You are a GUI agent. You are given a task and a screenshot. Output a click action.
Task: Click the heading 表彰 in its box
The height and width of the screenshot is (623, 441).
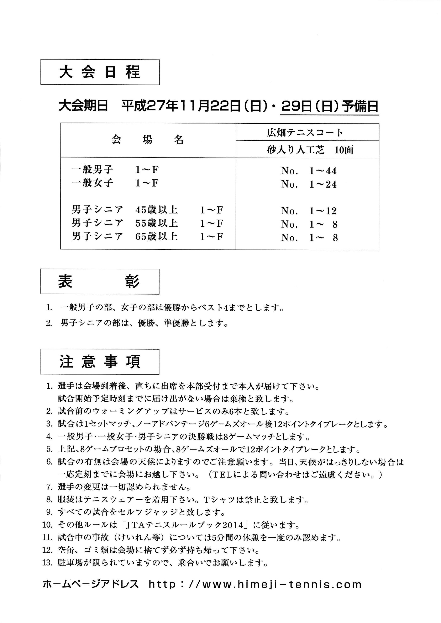click(x=99, y=281)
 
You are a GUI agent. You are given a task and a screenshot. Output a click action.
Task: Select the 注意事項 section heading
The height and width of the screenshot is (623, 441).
click(x=100, y=362)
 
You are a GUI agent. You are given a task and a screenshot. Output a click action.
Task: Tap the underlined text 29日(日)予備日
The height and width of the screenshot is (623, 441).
click(x=330, y=106)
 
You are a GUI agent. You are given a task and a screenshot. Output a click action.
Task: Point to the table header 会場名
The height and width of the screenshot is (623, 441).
click(x=148, y=140)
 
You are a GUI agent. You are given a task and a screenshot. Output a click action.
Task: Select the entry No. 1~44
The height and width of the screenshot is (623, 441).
click(x=309, y=171)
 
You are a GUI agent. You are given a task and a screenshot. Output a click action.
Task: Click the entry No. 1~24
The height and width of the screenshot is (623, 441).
click(x=309, y=184)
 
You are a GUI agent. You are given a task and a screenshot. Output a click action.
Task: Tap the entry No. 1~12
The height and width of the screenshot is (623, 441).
click(x=309, y=211)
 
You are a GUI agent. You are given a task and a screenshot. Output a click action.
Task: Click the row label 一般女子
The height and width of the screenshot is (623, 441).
click(x=93, y=183)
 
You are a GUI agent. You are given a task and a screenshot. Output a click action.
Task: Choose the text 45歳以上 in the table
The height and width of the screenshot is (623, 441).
click(x=157, y=210)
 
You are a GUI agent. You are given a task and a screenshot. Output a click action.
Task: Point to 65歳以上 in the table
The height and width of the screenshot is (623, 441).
click(x=157, y=237)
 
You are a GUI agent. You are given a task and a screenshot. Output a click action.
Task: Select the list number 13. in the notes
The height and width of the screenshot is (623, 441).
click(x=47, y=563)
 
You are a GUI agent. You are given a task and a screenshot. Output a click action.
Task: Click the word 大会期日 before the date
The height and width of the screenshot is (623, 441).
click(x=83, y=106)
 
